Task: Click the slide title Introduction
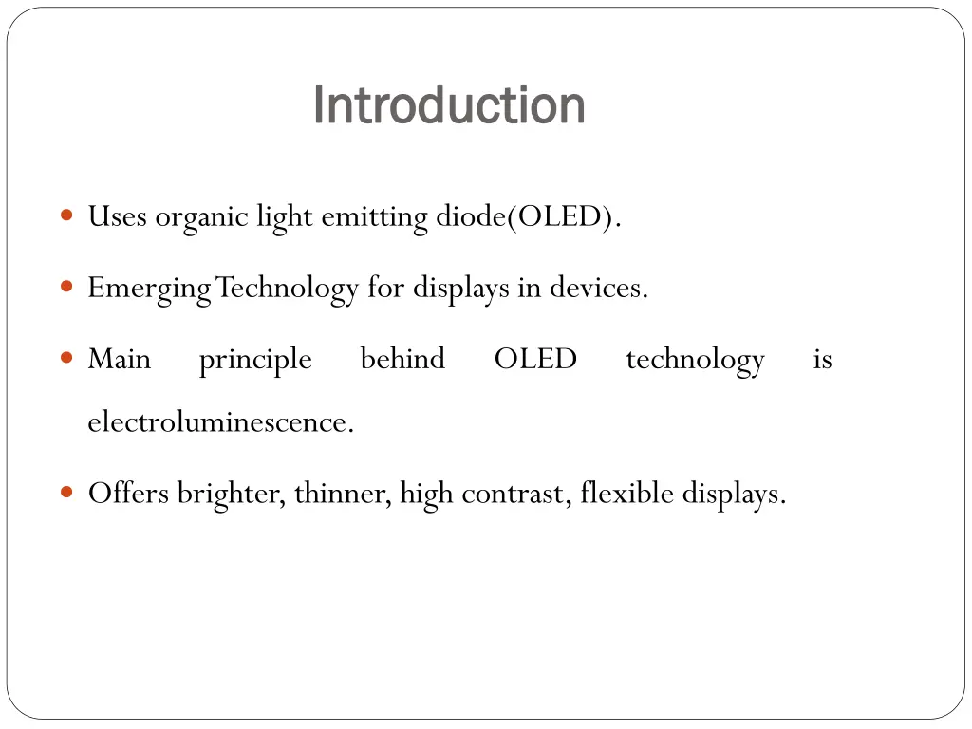[x=448, y=104]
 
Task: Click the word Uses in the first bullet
[x=117, y=217]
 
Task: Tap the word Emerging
[x=149, y=288]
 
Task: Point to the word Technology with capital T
[x=288, y=288]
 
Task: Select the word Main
[x=119, y=359]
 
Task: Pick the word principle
[x=255, y=360]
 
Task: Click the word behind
[x=402, y=359]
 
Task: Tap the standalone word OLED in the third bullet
[x=535, y=359]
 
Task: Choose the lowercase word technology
[x=695, y=360]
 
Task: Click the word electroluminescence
[x=220, y=421]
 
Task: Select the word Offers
[x=129, y=493]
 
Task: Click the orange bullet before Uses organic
[x=66, y=215]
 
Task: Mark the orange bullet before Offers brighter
[x=66, y=492]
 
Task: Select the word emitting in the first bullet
[x=374, y=217]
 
